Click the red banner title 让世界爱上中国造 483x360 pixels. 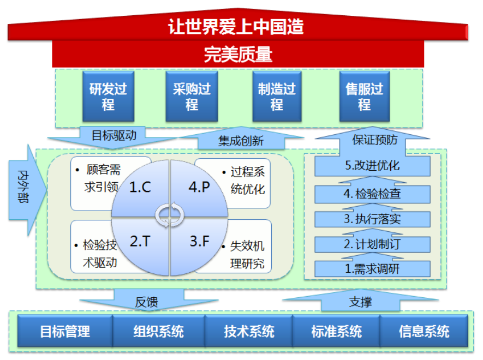click(x=236, y=27)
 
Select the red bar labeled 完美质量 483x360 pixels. click(x=238, y=54)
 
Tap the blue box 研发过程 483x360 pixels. click(x=108, y=96)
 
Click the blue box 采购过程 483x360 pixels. click(x=192, y=96)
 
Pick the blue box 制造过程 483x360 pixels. click(x=277, y=96)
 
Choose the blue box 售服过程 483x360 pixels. click(x=365, y=96)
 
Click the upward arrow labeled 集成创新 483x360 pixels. click(x=241, y=139)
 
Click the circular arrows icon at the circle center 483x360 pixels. click(x=170, y=215)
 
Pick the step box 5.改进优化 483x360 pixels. click(x=372, y=166)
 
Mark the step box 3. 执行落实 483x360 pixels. click(x=372, y=219)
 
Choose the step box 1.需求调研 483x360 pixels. click(x=372, y=269)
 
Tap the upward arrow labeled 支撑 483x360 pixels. click(x=360, y=301)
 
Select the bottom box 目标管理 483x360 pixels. click(x=65, y=331)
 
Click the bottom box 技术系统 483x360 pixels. click(x=249, y=331)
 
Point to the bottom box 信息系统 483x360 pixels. click(x=424, y=331)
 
